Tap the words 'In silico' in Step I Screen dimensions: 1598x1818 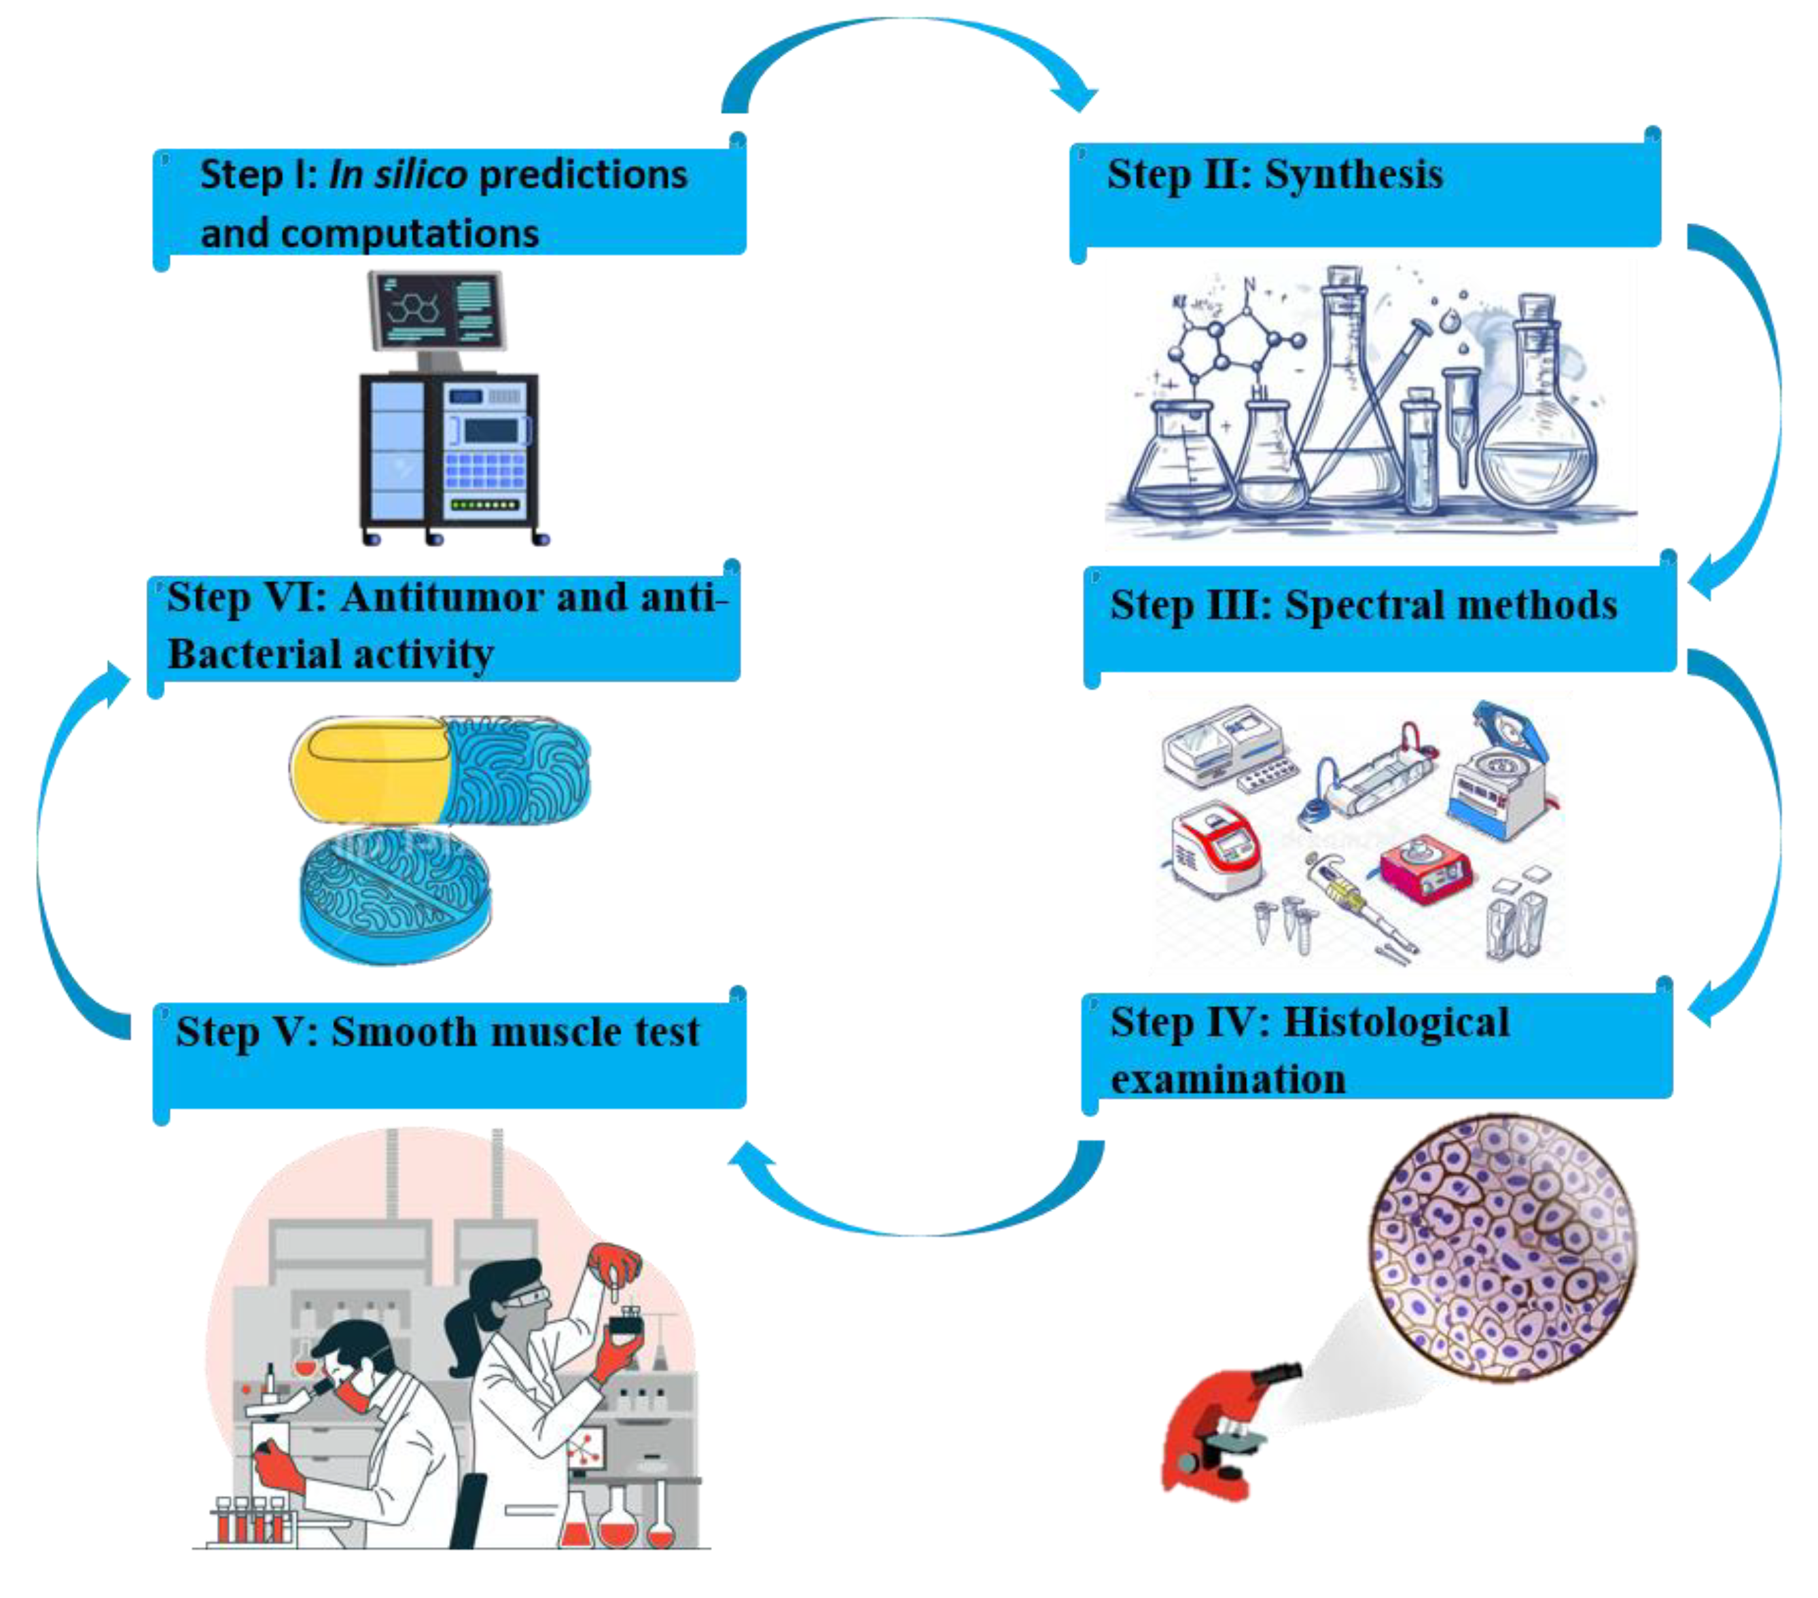pos(397,175)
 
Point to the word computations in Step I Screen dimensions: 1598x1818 pos(409,234)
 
